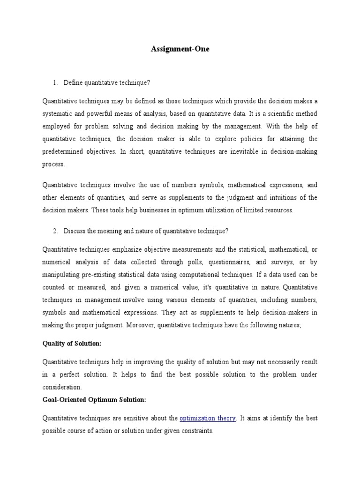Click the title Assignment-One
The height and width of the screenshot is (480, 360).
point(180,49)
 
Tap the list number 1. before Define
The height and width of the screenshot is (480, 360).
point(56,83)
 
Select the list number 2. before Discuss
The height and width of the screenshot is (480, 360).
point(56,231)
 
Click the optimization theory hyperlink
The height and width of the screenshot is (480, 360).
point(208,418)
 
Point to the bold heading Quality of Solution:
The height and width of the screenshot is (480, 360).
point(72,344)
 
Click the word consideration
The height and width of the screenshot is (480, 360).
point(62,387)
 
